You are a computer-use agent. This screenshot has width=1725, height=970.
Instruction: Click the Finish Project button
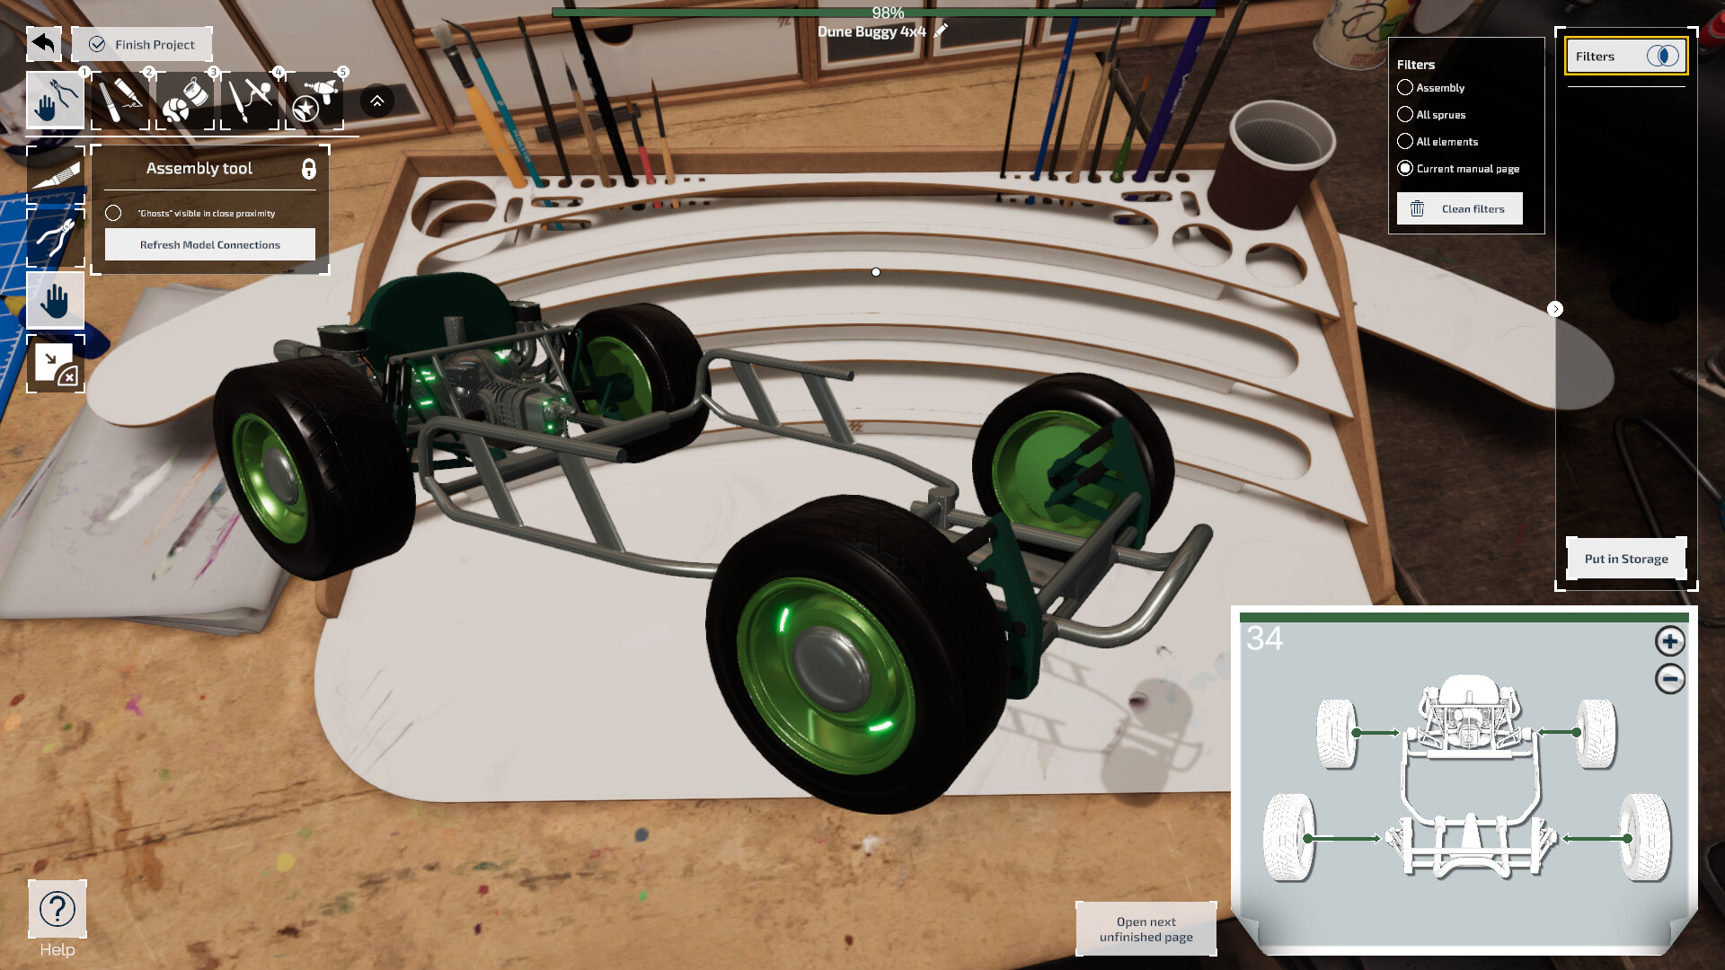142,44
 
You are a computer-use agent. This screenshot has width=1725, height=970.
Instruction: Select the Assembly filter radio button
1405,87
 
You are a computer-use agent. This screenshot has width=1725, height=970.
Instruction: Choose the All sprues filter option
1405,114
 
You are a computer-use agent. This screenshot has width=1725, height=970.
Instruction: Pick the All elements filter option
1405,141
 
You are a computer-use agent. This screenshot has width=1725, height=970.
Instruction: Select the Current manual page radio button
1405,168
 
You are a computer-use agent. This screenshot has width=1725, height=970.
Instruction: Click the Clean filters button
1459,208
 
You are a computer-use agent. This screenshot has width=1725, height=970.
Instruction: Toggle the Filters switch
1662,56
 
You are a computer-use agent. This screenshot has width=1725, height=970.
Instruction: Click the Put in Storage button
1625,559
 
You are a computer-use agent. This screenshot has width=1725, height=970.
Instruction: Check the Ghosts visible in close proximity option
113,213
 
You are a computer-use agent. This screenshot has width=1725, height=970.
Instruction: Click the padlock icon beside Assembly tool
308,169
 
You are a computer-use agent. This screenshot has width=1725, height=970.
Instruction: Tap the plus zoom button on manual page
1669,641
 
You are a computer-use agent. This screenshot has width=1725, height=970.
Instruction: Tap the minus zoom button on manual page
1669,679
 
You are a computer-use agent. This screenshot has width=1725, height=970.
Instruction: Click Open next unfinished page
1146,929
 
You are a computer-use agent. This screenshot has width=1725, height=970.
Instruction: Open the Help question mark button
57,909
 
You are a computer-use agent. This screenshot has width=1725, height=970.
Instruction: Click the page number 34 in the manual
1264,639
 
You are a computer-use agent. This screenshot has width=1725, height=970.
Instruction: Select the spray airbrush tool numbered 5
314,100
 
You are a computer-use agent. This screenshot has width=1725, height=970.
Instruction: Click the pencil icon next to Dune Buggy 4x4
941,31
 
